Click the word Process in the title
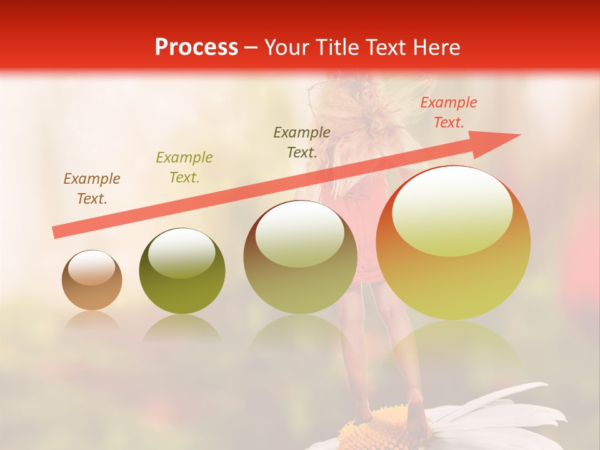coord(196,47)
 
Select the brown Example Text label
coord(92,189)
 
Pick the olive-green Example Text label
coord(184,167)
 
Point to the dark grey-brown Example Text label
coord(302,142)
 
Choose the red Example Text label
coord(449,112)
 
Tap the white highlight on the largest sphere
coord(452,209)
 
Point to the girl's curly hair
coord(369,106)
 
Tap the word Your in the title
coord(287,47)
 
